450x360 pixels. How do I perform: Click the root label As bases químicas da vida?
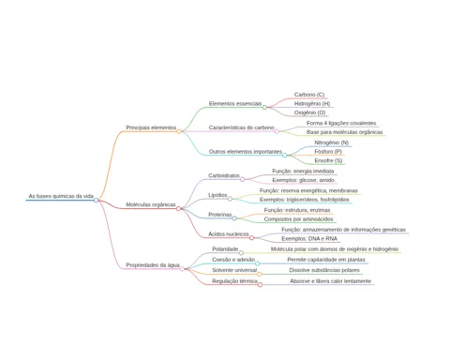click(x=61, y=196)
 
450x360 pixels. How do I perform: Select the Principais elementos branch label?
click(x=151, y=127)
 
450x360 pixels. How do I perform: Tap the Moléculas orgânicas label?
click(x=151, y=204)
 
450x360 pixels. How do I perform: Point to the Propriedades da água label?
click(x=153, y=265)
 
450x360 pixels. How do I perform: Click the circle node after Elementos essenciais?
click(x=264, y=107)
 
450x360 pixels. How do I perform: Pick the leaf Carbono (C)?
click(x=309, y=95)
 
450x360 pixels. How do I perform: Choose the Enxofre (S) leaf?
click(x=328, y=160)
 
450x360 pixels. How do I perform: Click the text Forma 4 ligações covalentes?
click(x=341, y=123)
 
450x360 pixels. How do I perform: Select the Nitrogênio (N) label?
click(x=332, y=142)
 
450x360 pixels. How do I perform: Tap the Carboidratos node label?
click(x=224, y=175)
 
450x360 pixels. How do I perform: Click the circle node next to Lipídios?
click(x=230, y=199)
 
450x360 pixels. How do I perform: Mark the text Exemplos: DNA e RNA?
click(x=309, y=238)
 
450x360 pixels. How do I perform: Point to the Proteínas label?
click(x=220, y=215)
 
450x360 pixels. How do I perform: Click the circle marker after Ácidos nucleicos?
click(x=251, y=238)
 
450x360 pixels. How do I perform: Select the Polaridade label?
click(x=225, y=249)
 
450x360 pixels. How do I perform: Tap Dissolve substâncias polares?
click(x=324, y=270)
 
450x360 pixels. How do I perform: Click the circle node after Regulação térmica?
click(x=260, y=285)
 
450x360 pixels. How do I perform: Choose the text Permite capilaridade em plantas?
click(x=326, y=260)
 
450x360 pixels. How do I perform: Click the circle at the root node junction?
click(x=97, y=200)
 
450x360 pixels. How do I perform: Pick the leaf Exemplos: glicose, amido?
click(x=303, y=180)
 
